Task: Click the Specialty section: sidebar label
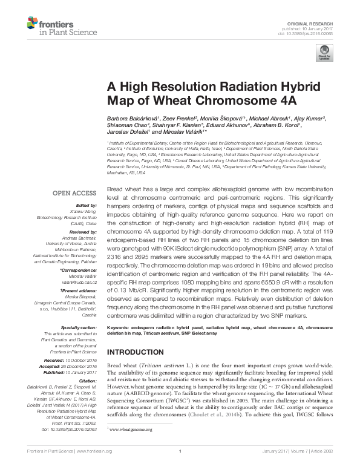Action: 78,327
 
